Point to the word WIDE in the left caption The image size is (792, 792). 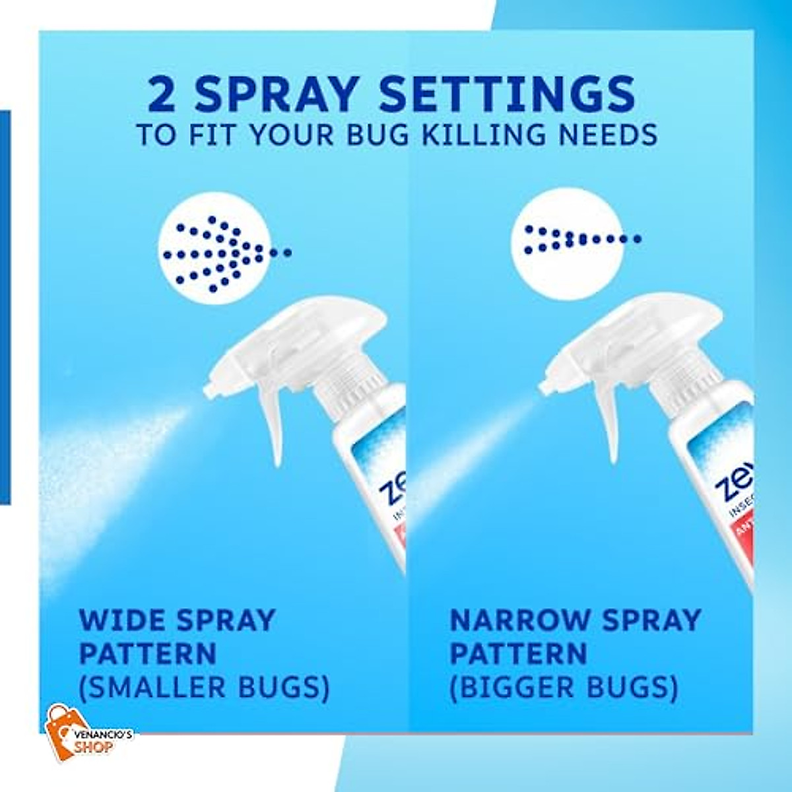123,620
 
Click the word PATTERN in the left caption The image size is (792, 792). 148,654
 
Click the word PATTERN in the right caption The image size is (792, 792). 518,654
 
